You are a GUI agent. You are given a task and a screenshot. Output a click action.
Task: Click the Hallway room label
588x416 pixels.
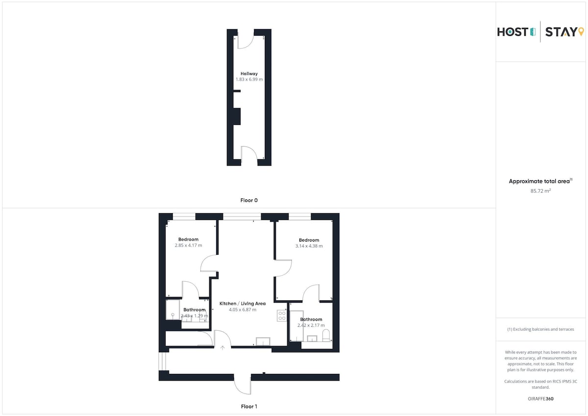point(249,74)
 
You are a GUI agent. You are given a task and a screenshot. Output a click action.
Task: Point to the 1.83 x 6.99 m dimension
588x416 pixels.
point(249,79)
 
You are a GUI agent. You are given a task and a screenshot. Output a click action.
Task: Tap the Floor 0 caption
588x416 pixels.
point(249,200)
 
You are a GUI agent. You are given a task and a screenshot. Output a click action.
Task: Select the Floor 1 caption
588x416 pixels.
point(249,407)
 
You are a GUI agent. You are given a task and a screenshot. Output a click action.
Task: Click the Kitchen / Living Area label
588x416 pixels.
point(242,304)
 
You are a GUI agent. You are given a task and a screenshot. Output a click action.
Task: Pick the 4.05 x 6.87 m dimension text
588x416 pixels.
point(242,310)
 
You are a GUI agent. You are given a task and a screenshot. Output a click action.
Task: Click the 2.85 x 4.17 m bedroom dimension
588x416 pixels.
point(188,245)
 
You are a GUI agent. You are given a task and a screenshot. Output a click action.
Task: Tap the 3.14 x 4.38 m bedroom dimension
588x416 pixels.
point(309,246)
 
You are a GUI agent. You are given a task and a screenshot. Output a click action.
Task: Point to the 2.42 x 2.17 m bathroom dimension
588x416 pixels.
point(311,325)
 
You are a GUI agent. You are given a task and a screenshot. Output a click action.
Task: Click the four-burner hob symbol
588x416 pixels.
point(282,316)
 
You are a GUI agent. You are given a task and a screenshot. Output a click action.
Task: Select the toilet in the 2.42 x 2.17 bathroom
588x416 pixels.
point(326,336)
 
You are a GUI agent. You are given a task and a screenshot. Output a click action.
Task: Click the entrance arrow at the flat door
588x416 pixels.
point(222,348)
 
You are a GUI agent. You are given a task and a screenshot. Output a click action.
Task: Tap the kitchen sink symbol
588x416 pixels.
point(263,341)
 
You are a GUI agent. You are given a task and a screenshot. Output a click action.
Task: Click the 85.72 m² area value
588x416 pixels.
point(540,191)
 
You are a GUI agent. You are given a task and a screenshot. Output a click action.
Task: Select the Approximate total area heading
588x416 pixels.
point(540,181)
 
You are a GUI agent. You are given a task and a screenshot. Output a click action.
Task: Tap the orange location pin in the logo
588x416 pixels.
point(581,32)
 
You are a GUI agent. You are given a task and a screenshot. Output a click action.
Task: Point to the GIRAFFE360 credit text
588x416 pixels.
point(540,399)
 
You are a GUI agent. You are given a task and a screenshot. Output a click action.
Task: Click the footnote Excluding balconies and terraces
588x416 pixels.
point(540,329)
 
